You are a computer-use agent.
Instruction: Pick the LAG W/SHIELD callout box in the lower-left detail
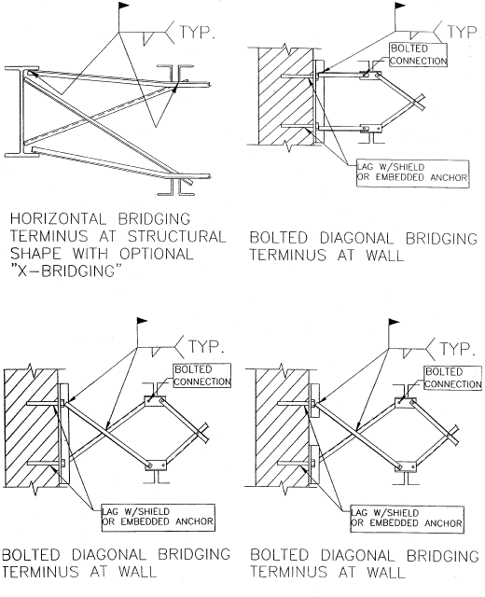click(159, 515)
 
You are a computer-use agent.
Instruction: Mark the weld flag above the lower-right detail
click(385, 332)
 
